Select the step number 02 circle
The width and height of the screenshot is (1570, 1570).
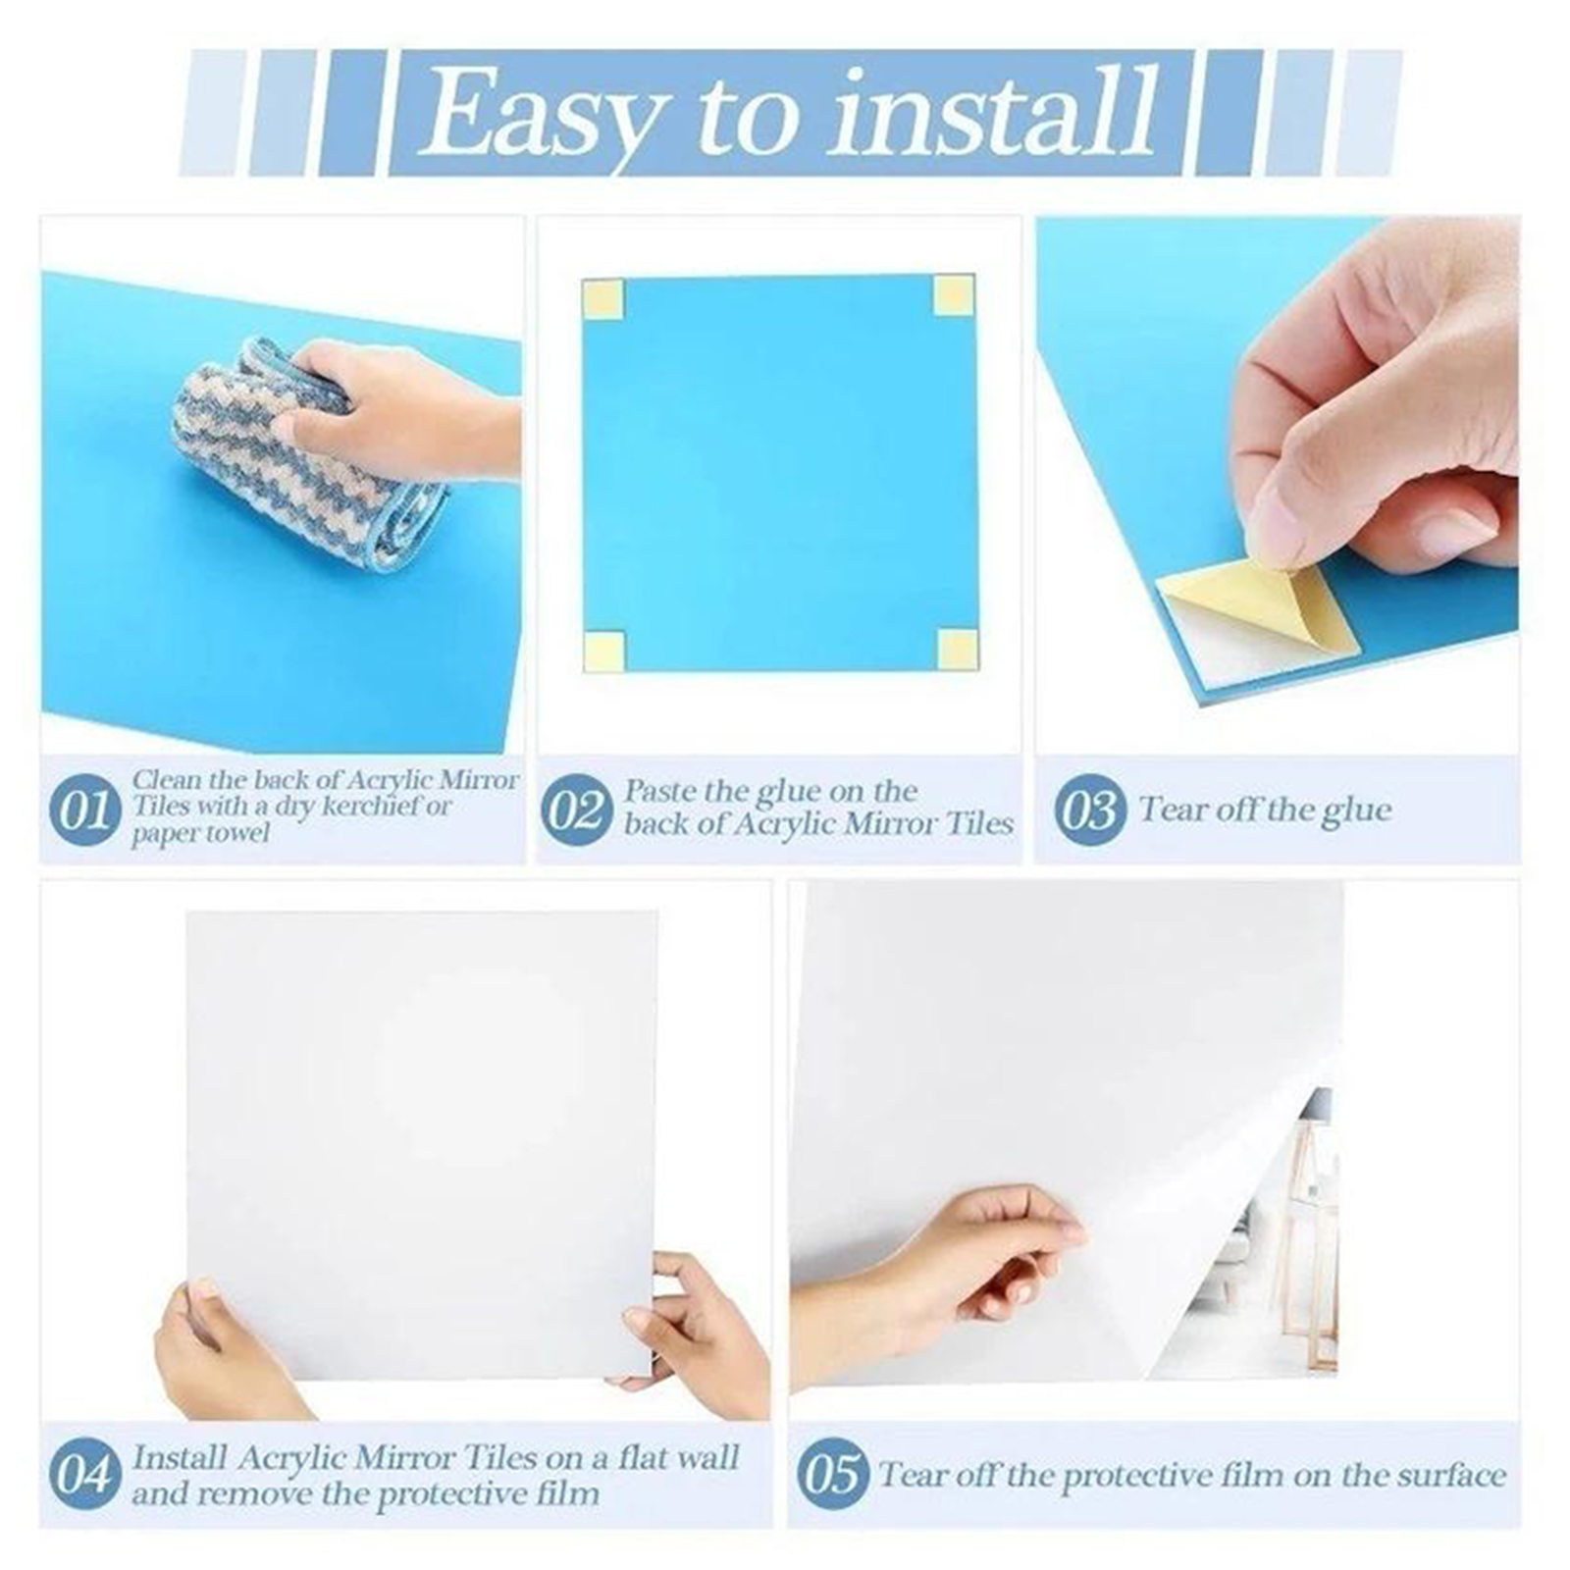pyautogui.click(x=574, y=811)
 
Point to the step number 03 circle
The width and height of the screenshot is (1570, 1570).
pyautogui.click(x=1088, y=811)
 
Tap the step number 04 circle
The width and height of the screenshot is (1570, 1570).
pyautogui.click(x=82, y=1474)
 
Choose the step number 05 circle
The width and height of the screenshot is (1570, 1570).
pyautogui.click(x=832, y=1474)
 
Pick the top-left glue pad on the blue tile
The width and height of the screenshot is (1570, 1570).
pyautogui.click(x=602, y=299)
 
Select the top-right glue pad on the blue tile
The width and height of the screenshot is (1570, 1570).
pyautogui.click(x=954, y=295)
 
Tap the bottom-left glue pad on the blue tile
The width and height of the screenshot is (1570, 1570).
pyautogui.click(x=604, y=652)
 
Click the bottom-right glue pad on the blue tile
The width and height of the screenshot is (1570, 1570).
pyautogui.click(x=958, y=650)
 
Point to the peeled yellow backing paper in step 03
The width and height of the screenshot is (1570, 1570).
pyautogui.click(x=1266, y=608)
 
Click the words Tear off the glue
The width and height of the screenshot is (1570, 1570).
pyautogui.click(x=1266, y=811)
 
